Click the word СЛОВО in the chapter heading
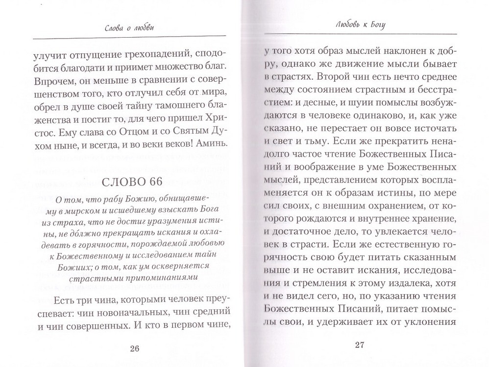tap(124, 183)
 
